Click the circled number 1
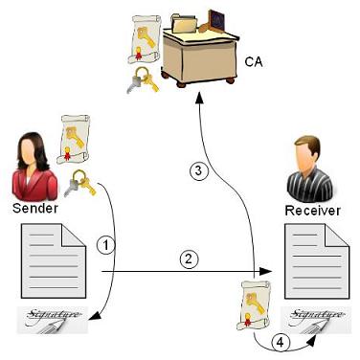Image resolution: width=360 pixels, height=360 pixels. [107, 244]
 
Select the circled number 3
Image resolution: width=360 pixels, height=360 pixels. [197, 172]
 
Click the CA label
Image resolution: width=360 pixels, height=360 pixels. [254, 63]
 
